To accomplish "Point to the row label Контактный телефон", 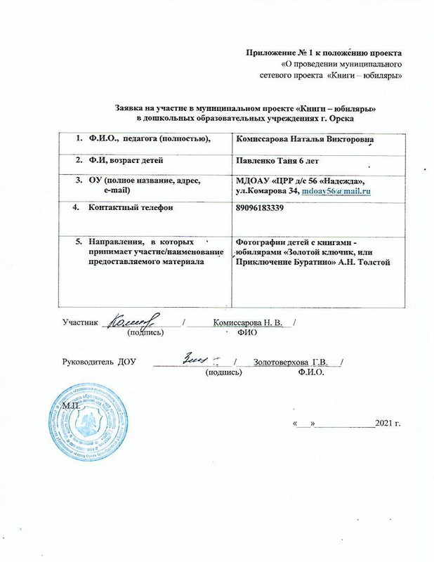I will pyautogui.click(x=131, y=208).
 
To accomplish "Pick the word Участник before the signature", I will pyautogui.click(x=79, y=322).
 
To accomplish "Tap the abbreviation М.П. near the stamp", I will pyautogui.click(x=72, y=406).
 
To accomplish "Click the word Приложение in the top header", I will pyautogui.click(x=272, y=53).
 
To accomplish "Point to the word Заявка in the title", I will pyautogui.click(x=131, y=110).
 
